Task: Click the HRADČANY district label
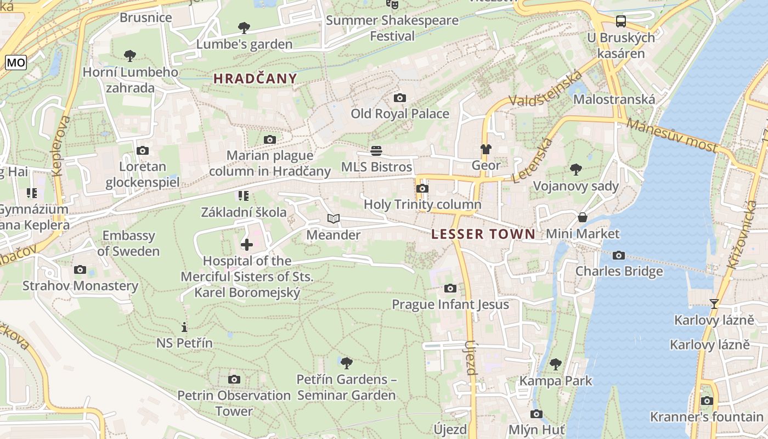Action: tap(255, 78)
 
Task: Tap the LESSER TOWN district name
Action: tap(483, 234)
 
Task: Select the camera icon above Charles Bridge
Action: tap(619, 255)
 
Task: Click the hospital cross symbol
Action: tap(247, 244)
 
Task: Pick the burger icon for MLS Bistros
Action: tap(376, 150)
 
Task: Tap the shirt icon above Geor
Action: tap(485, 149)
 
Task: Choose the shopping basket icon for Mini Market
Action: tap(583, 218)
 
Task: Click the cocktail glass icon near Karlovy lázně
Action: tap(714, 303)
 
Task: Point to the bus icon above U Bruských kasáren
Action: tap(620, 21)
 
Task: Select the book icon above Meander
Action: tap(333, 219)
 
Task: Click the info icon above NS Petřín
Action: tap(184, 327)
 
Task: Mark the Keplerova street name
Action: tap(60, 145)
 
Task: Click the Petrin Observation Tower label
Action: tap(234, 403)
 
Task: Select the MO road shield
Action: tap(16, 63)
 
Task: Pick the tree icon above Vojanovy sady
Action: tap(575, 169)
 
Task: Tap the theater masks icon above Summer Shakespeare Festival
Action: tap(392, 4)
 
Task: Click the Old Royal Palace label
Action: tap(400, 114)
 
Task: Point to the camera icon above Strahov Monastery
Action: tap(80, 269)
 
